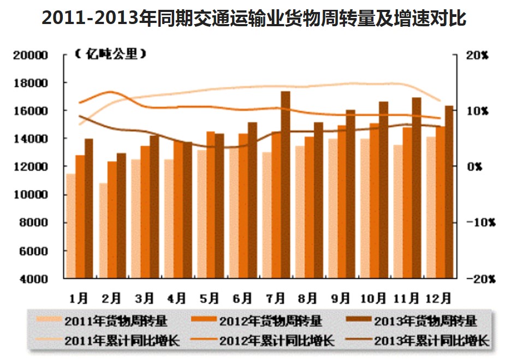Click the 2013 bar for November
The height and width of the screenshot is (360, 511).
coord(416,188)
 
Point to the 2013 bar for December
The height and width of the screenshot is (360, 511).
coord(449,192)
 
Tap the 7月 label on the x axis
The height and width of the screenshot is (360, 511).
coord(276,298)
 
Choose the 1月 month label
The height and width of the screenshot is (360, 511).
coord(79,298)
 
